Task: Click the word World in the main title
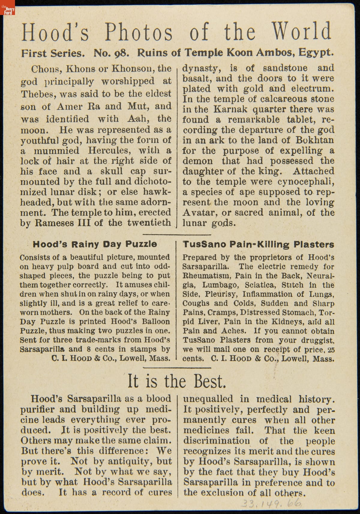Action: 301,31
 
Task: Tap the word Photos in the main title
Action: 139,32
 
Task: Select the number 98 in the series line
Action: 122,53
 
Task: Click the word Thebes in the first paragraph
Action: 38,94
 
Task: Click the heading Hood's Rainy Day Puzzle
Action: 94,244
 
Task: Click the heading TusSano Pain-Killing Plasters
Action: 258,245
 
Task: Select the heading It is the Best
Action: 177,381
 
